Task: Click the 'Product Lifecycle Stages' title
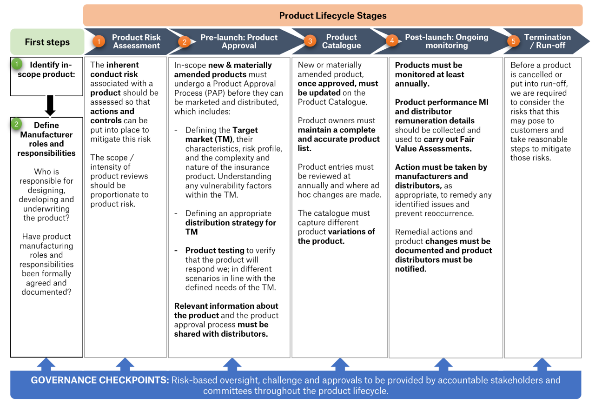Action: pos(333,15)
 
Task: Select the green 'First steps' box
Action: pos(47,42)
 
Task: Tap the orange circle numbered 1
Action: pos(99,41)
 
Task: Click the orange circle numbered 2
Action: pos(184,41)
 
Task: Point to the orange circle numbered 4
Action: pos(392,41)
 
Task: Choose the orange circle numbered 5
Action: pos(513,41)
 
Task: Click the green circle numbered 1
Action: pos(17,63)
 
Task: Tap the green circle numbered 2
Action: pos(17,124)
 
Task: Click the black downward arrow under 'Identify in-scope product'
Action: pos(50,106)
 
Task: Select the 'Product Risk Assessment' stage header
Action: pos(136,41)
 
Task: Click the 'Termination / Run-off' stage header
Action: pos(547,41)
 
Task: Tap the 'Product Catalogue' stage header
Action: pos(341,41)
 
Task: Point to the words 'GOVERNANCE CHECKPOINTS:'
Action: pos(100,380)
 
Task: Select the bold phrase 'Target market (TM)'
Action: pos(221,135)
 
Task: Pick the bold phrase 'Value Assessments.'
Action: pos(433,149)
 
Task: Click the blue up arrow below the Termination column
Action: pos(542,364)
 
